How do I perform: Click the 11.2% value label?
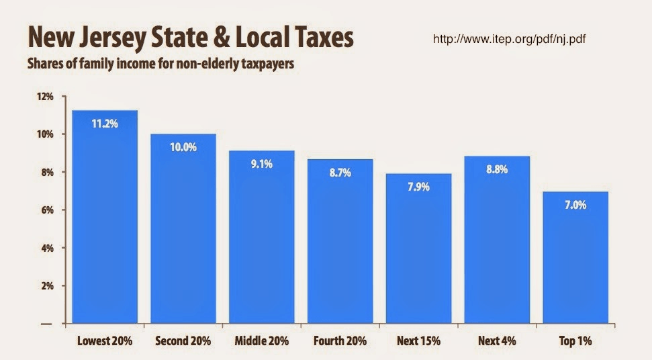tap(104, 123)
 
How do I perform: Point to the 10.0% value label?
tap(183, 147)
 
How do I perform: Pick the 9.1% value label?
tap(261, 164)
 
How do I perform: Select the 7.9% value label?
tap(418, 187)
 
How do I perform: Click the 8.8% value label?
tap(497, 169)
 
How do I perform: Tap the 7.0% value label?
tap(575, 205)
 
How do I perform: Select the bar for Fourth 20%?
tap(340, 249)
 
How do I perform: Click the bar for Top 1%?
tap(575, 262)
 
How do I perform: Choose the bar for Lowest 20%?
tap(104, 222)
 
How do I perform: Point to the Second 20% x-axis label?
tap(183, 341)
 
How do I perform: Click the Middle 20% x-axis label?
tap(261, 341)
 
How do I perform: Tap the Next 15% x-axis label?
tap(418, 341)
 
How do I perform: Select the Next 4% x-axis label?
tap(497, 341)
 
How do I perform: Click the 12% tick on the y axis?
tap(44, 97)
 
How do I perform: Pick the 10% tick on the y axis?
tap(44, 134)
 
